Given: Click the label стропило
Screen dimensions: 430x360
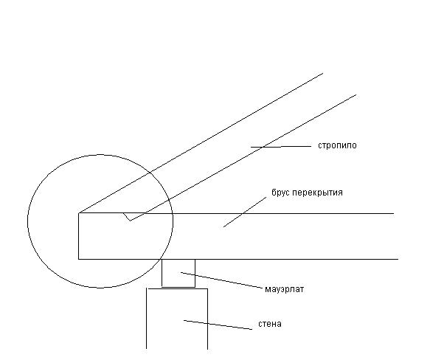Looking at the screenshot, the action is click(337, 145).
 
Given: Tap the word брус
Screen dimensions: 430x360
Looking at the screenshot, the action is click(280, 193).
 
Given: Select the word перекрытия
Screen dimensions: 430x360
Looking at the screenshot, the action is click(318, 193).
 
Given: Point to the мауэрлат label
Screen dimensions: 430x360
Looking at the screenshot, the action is click(285, 289).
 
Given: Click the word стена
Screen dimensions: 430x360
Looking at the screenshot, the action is click(270, 324).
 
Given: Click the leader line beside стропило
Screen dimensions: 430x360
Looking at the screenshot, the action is click(281, 147).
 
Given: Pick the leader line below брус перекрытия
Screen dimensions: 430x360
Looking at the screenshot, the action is click(245, 212).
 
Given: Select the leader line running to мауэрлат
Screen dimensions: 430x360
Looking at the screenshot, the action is click(222, 280).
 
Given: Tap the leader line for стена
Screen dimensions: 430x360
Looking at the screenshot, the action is click(218, 325).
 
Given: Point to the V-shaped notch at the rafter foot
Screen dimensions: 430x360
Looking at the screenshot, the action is click(130, 220).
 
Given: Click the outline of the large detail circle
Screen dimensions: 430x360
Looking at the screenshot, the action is click(28, 221).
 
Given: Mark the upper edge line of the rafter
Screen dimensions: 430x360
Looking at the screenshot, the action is click(201, 143).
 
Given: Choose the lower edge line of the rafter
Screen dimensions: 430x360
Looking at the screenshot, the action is click(243, 158).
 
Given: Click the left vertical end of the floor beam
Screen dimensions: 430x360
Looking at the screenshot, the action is click(79, 236).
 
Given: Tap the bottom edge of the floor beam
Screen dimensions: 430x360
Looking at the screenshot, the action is click(238, 259).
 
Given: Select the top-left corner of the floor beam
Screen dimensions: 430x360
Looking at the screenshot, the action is click(79, 213).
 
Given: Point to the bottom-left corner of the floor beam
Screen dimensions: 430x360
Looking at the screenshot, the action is click(79, 259).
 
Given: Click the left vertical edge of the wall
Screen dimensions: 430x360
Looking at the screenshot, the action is click(147, 319).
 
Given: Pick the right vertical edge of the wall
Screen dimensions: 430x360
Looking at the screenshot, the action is click(207, 319).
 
